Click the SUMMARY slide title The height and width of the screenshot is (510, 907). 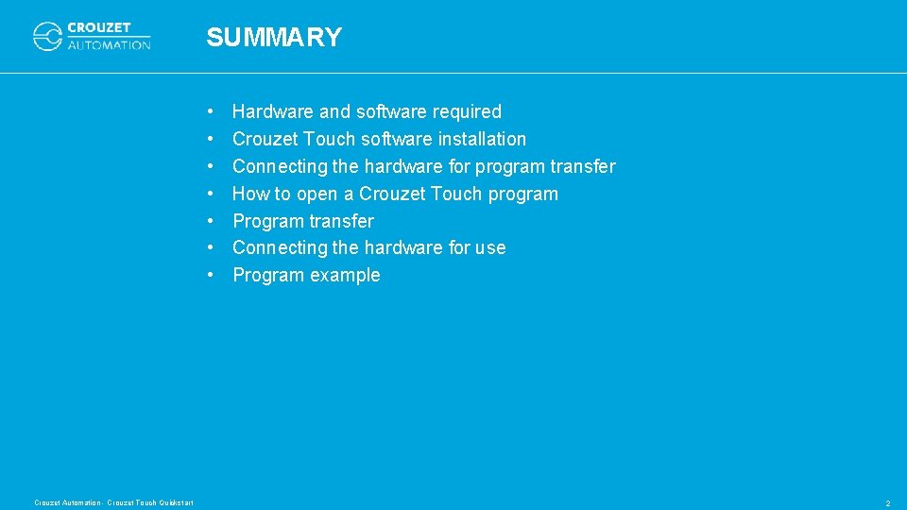(x=274, y=38)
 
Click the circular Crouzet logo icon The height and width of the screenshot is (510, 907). (x=47, y=37)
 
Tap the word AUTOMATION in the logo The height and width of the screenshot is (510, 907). (x=109, y=44)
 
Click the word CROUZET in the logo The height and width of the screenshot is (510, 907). (x=99, y=28)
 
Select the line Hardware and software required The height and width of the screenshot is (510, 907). (x=367, y=111)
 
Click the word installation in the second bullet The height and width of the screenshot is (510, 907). (x=482, y=139)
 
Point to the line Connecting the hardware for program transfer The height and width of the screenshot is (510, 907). (x=423, y=166)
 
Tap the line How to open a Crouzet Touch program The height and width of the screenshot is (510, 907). (x=395, y=194)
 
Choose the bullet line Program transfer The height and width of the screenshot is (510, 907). (x=302, y=221)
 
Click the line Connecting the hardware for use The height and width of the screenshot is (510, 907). (x=368, y=247)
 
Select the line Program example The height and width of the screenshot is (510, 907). (x=306, y=275)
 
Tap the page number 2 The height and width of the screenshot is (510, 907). (x=887, y=503)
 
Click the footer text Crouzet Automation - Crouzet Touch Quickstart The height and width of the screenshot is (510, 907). (x=113, y=502)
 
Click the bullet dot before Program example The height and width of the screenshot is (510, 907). (x=214, y=275)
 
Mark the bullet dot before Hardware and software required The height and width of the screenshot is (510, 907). (x=214, y=111)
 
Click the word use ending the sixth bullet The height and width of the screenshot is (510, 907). (x=490, y=247)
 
